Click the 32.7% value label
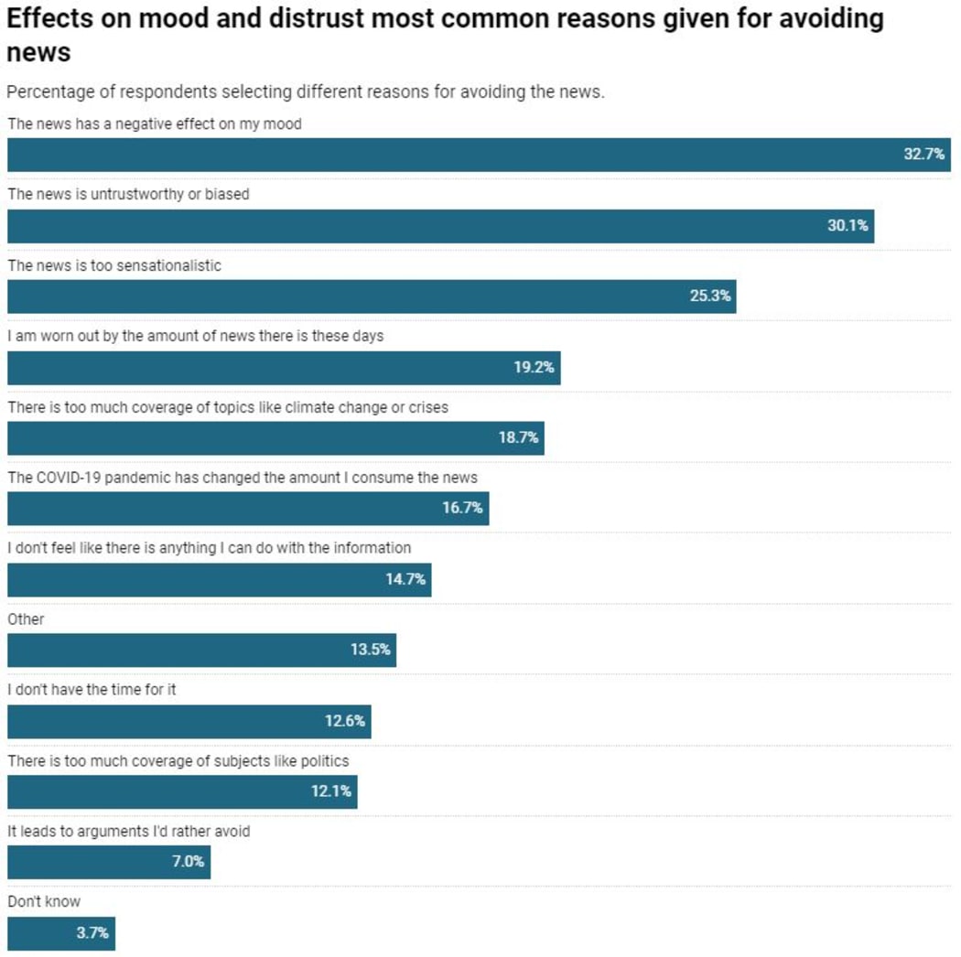[x=923, y=155]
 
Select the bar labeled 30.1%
[x=439, y=226]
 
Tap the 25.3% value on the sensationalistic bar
[x=710, y=296]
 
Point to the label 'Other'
[x=26, y=619]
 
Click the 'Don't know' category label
[x=44, y=902]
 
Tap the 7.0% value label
[x=189, y=862]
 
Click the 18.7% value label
[x=518, y=438]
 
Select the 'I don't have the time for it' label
[x=92, y=690]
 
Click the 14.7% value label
[x=405, y=580]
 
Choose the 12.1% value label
[x=330, y=791]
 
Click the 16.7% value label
[x=462, y=509]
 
